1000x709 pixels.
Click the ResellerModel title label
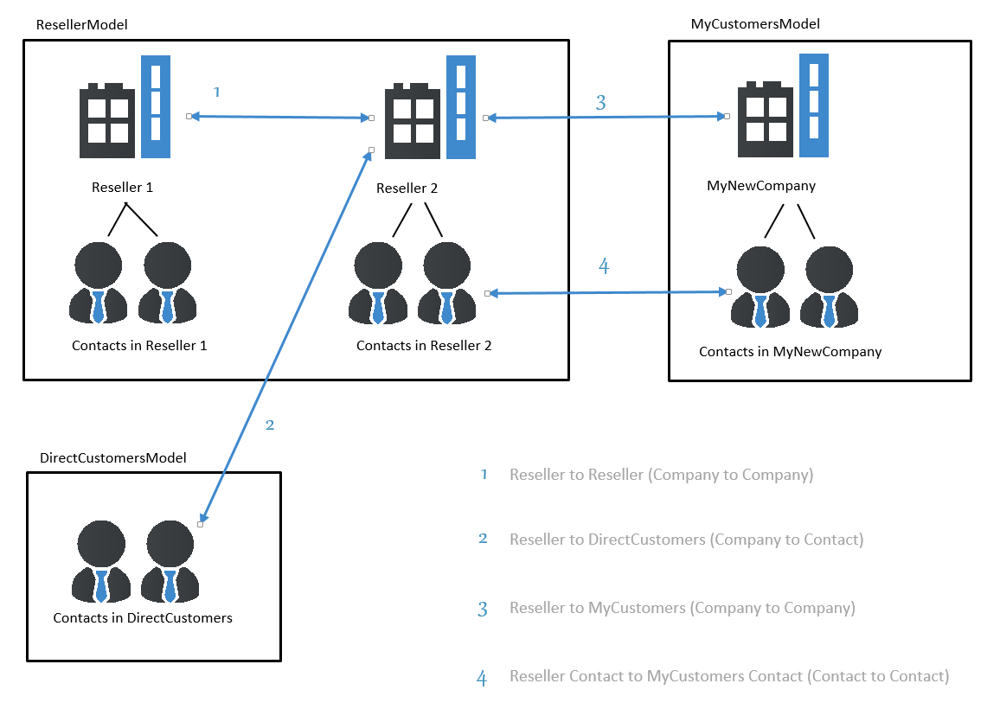[x=81, y=25]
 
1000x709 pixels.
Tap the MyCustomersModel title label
[x=755, y=24]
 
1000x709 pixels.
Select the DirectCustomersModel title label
[x=112, y=457]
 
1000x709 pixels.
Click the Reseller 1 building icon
[x=125, y=106]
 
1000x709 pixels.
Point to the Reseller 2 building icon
[x=431, y=107]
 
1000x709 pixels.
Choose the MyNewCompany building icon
[x=783, y=105]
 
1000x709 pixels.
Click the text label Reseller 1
[x=123, y=188]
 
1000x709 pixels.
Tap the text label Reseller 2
[x=407, y=188]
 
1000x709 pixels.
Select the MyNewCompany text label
[x=761, y=186]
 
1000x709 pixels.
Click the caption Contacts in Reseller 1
[x=139, y=346]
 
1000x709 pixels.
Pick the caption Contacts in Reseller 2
[x=424, y=346]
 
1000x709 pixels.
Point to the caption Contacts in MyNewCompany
[x=790, y=352]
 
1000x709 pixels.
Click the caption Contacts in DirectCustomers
[x=143, y=618]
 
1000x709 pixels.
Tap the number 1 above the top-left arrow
[x=217, y=93]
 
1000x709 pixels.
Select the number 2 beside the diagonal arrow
[x=270, y=425]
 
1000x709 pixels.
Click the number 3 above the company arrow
[x=600, y=103]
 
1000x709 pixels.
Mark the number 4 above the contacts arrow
[x=604, y=266]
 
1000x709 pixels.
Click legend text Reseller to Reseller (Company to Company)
[x=662, y=475]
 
